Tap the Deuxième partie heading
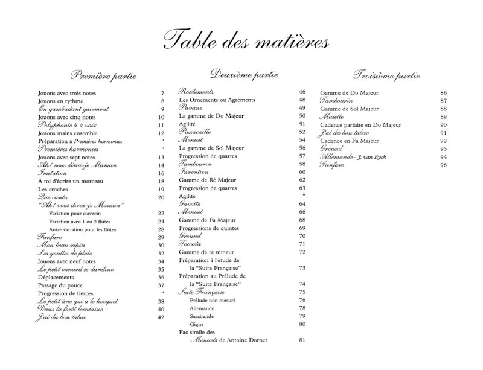(x=245, y=75)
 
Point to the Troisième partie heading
(x=386, y=76)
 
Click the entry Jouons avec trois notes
(x=66, y=94)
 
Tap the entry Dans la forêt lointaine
(x=70, y=309)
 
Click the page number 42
(x=161, y=317)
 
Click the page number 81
(x=302, y=340)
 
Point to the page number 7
(x=162, y=94)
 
